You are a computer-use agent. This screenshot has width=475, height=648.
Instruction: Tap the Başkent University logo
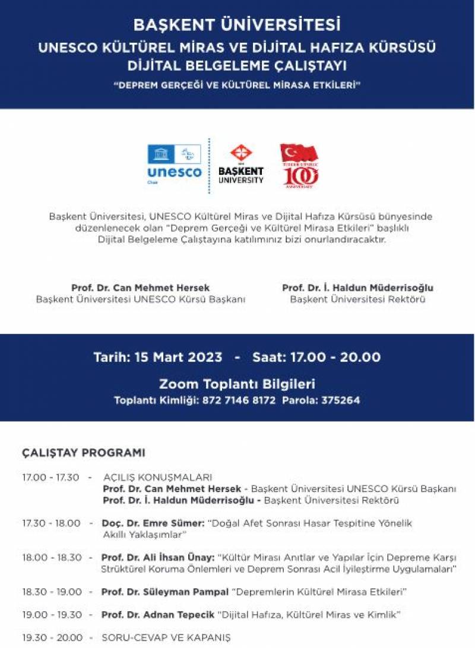(x=241, y=165)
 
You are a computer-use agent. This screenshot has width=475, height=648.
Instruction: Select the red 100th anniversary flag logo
(x=299, y=165)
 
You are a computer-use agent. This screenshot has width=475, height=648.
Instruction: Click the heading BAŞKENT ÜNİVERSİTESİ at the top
(x=237, y=25)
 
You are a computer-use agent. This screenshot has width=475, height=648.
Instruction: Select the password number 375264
(x=340, y=400)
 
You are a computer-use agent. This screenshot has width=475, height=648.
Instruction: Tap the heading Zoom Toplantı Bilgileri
(x=237, y=384)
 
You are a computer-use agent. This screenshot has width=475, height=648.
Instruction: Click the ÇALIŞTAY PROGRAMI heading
(x=83, y=453)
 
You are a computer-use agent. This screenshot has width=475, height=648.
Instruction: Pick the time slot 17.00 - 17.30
(x=50, y=478)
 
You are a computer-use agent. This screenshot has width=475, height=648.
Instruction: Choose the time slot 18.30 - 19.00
(x=52, y=592)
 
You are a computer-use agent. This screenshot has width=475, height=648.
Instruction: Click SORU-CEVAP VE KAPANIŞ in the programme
(x=166, y=638)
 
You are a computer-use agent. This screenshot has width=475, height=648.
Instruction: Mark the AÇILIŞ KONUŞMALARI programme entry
(x=157, y=478)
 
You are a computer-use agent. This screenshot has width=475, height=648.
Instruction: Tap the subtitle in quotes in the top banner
(x=237, y=85)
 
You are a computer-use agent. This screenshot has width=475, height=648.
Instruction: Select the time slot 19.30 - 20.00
(x=52, y=638)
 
